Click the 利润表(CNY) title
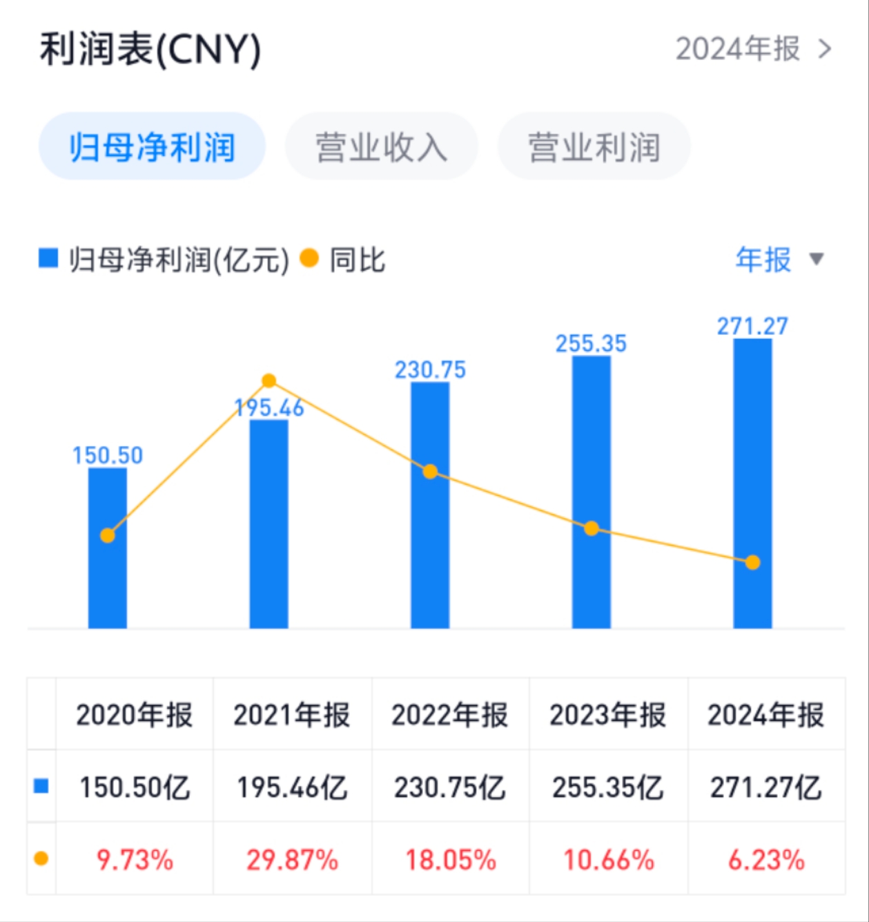click(x=150, y=50)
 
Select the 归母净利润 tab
click(x=152, y=147)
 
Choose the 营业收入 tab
click(x=381, y=147)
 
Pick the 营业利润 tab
click(x=594, y=147)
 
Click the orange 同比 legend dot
click(x=309, y=259)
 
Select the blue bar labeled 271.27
click(x=752, y=483)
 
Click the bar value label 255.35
click(x=591, y=343)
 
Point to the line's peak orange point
click(x=269, y=381)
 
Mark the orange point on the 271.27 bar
click(x=752, y=563)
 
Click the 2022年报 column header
click(x=450, y=715)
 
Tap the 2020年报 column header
click(x=135, y=715)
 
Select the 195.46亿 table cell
click(x=292, y=787)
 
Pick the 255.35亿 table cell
click(x=608, y=787)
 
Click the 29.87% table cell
click(x=292, y=860)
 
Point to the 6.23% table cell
click(x=766, y=860)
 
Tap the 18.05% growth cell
click(x=450, y=860)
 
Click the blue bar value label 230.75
click(x=430, y=370)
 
